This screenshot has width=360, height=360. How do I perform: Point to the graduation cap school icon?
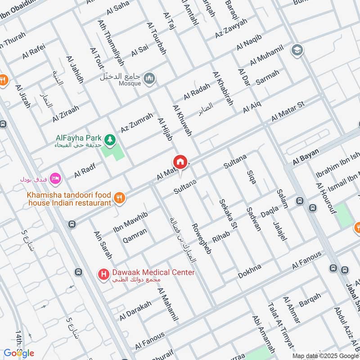point(297,49)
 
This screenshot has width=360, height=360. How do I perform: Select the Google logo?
point(19,352)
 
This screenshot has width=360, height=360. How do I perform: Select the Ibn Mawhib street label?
point(130,220)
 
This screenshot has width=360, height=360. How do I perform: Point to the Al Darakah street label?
point(135,310)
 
